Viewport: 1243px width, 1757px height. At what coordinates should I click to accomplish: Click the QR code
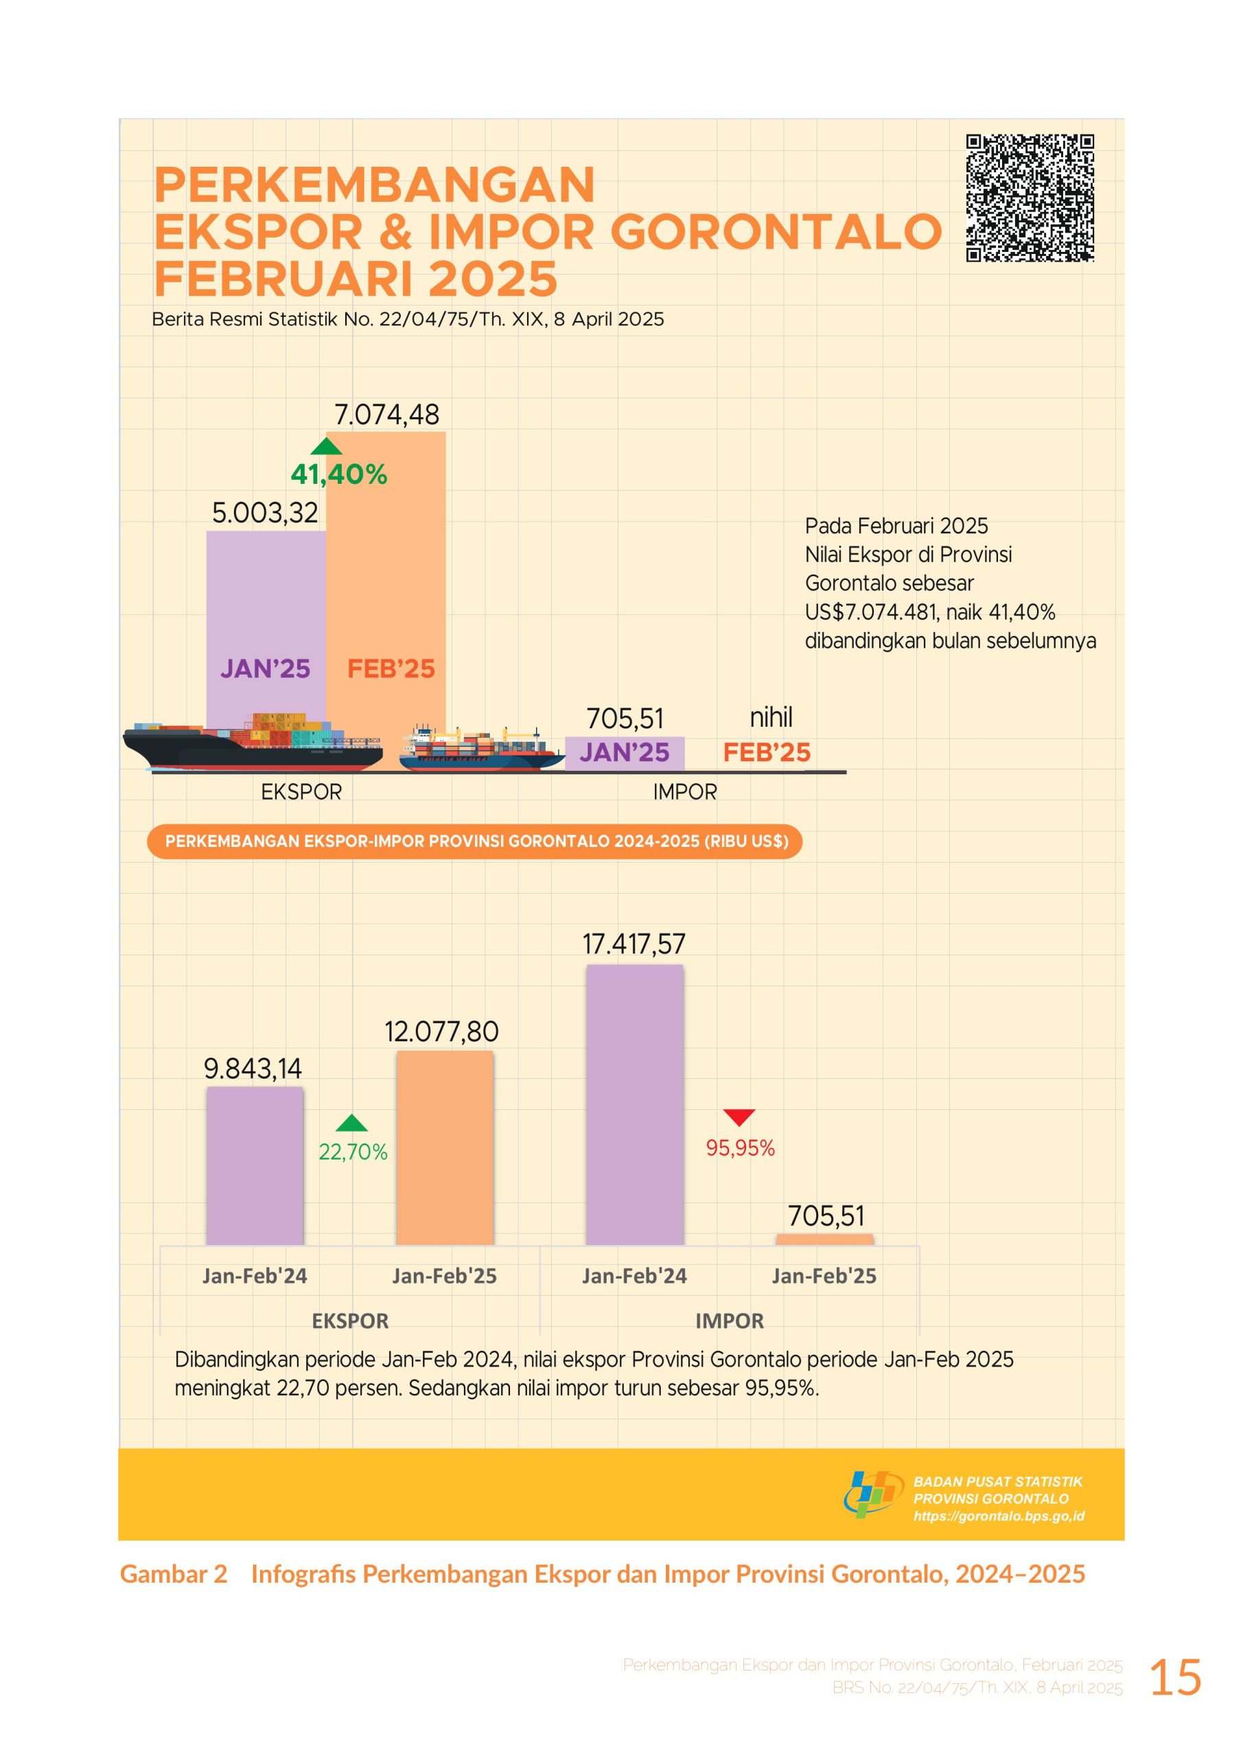pos(1030,198)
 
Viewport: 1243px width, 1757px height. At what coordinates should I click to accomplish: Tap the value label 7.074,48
pos(386,415)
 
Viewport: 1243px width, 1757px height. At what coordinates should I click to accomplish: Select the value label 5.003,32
pos(265,513)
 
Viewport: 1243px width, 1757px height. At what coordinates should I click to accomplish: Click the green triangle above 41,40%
pos(327,446)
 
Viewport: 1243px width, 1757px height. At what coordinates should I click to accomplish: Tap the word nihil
pos(771,717)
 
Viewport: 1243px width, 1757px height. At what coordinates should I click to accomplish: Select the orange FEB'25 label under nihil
pos(766,752)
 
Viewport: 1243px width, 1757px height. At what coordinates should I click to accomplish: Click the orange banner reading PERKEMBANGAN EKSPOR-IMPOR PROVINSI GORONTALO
pos(474,841)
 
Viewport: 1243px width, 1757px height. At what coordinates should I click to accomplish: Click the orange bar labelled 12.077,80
pos(445,1146)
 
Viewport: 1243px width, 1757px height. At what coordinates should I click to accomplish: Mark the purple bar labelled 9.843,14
pos(255,1164)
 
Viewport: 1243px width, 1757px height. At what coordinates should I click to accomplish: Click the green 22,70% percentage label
pos(353,1152)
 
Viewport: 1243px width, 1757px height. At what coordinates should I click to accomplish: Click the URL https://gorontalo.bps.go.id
pos(999,1516)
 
